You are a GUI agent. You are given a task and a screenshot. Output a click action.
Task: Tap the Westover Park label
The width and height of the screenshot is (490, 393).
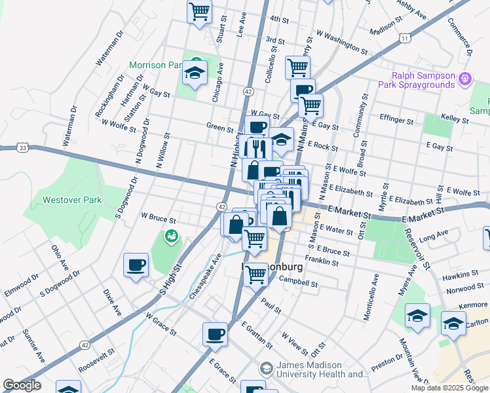pos(72,200)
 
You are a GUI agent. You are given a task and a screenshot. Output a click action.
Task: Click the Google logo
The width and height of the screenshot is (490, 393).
pos(22,385)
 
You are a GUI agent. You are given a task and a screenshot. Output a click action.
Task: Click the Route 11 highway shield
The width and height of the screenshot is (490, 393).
pos(406,39)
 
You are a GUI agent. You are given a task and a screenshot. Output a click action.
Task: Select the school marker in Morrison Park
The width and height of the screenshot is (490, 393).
pos(195,73)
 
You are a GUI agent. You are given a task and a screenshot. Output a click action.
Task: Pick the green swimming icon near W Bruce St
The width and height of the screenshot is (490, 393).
pos(172,236)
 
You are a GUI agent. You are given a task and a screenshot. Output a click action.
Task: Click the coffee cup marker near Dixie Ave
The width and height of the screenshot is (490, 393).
pos(136,265)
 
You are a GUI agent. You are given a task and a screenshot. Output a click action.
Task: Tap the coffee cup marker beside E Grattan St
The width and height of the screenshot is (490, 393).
pos(215,335)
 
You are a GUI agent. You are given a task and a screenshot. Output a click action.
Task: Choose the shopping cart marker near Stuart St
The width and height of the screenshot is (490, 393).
pos(199,11)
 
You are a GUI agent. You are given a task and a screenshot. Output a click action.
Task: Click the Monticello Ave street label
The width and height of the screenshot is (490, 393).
pos(374,297)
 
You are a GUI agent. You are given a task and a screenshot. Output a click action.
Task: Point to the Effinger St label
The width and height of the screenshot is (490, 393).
pos(396,121)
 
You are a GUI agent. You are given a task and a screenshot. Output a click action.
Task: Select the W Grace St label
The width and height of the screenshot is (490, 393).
pos(161,323)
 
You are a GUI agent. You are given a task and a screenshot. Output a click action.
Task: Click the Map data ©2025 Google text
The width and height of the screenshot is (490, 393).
pos(449,388)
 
